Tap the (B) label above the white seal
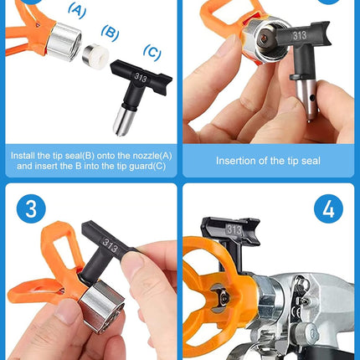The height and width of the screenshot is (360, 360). click(109, 32)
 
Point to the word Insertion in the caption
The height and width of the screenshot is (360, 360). click(236, 161)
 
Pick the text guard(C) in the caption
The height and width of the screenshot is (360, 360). click(145, 167)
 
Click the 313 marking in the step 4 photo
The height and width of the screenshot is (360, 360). click(234, 229)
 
